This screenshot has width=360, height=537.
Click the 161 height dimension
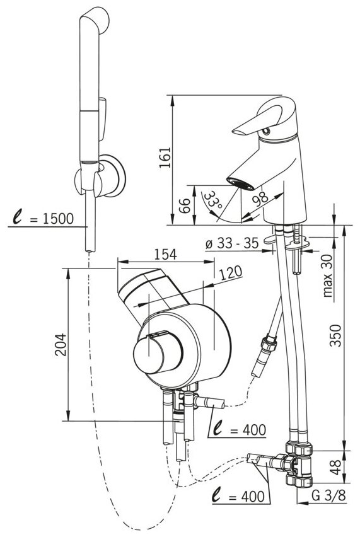165,158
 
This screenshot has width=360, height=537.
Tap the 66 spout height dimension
185,205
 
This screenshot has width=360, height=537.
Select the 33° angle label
213,200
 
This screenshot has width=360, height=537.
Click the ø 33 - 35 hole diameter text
232,243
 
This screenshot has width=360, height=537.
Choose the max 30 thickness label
328,275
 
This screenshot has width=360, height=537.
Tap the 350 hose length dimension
336,335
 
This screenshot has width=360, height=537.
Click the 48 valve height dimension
336,467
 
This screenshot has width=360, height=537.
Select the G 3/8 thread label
328,495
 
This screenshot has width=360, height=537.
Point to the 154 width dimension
165,255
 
